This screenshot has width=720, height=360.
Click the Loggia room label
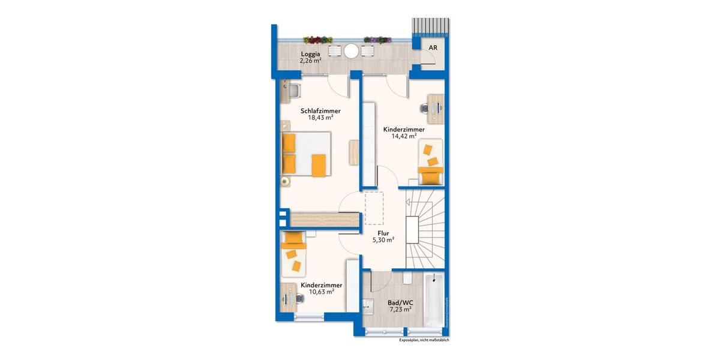click(x=310, y=53)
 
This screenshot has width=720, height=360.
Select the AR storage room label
click(x=433, y=47)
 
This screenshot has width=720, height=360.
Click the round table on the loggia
click(x=350, y=52)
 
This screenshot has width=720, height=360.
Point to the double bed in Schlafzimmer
click(x=306, y=155)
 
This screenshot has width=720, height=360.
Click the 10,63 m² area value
click(x=322, y=292)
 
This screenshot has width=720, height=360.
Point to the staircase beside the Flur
click(x=425, y=228)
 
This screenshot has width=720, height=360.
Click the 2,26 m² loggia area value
click(x=310, y=60)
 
